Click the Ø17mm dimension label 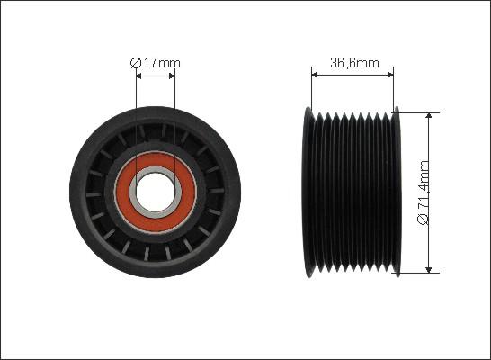156,63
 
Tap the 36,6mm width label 354,63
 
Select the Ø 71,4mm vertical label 424,193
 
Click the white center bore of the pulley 156,192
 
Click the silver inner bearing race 133,192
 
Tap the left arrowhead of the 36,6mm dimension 315,75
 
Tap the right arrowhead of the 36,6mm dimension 390,75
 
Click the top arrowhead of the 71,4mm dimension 429,116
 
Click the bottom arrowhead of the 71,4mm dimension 429,269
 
